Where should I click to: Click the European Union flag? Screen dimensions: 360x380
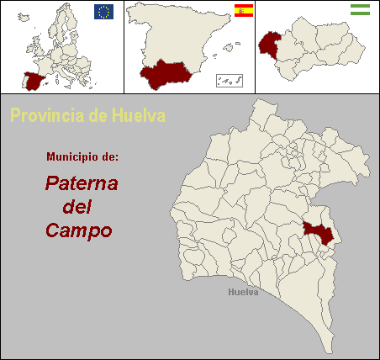pos(104,11)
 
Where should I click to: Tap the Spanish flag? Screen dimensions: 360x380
pos(244,11)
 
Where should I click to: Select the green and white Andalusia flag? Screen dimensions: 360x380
pos(361,10)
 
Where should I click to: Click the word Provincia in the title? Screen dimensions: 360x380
pos(46,114)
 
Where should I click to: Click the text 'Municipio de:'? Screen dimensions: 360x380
pos(82,157)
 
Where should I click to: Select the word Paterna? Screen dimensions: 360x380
pos(82,183)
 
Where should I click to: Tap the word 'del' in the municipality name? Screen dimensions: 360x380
pos(77,207)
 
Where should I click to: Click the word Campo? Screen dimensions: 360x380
pos(79,230)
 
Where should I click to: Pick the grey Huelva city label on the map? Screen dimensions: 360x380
pos(243,293)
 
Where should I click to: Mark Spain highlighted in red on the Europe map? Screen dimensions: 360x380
pos(34,81)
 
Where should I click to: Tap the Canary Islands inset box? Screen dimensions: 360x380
pos(230,81)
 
